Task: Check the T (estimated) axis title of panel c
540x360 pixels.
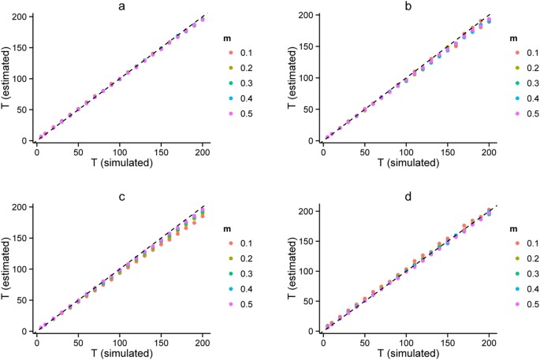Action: [x=7, y=269]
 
